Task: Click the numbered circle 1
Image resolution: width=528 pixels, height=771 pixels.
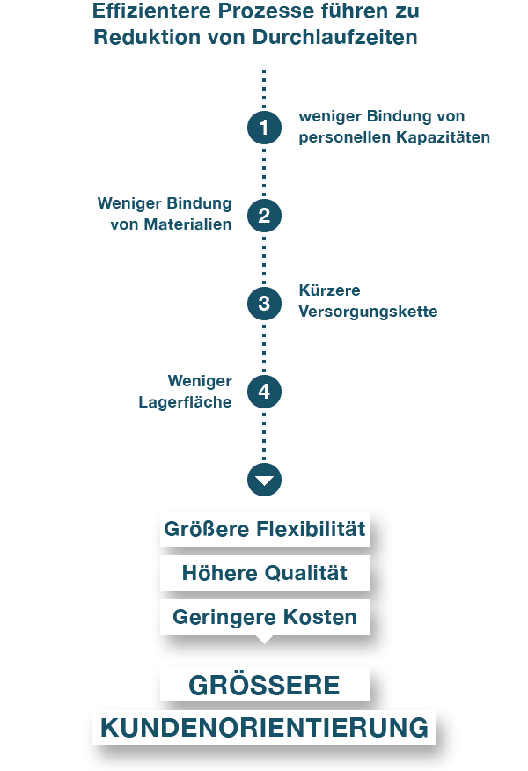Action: [264, 128]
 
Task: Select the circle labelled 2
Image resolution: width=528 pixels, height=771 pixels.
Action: [264, 216]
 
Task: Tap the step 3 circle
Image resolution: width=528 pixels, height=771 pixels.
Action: [264, 304]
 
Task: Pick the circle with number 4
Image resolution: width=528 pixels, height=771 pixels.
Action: [264, 392]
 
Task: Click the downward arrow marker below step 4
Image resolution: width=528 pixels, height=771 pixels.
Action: [264, 480]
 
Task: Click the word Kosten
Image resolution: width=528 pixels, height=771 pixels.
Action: [322, 618]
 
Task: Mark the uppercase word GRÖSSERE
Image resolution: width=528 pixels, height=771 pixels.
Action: [264, 686]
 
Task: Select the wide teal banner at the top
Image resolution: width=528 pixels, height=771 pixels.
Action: [255, 23]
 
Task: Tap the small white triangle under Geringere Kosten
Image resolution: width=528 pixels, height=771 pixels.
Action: [264, 639]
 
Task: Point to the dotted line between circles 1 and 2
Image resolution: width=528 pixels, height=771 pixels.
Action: [264, 172]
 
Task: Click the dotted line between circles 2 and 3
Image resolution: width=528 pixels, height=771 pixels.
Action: [264, 260]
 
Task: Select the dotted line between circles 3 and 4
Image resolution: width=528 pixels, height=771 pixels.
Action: [264, 348]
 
